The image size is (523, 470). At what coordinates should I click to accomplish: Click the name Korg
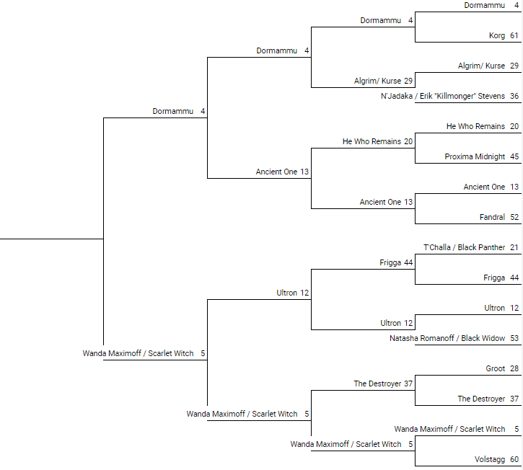click(x=497, y=35)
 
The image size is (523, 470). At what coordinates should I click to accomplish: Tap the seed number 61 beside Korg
click(x=514, y=35)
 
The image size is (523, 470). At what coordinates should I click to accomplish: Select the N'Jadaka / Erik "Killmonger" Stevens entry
click(x=443, y=96)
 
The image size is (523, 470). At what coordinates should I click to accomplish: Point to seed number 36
click(x=514, y=96)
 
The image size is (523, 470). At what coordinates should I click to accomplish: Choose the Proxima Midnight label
click(x=475, y=156)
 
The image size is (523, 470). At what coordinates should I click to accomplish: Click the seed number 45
click(x=514, y=156)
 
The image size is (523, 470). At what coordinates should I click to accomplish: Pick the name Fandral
click(x=492, y=217)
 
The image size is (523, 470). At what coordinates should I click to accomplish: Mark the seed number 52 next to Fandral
click(x=514, y=217)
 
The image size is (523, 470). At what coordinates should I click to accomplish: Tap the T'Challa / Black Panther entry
click(x=465, y=247)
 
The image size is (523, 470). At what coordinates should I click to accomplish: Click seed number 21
click(x=514, y=247)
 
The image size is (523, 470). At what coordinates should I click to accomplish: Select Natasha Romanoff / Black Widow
click(x=447, y=338)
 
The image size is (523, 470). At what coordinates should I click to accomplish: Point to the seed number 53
click(x=514, y=338)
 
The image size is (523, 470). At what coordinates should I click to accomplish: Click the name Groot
click(x=496, y=368)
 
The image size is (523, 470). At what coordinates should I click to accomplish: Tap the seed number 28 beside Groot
click(x=514, y=368)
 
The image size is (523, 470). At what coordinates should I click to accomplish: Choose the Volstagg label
click(x=490, y=459)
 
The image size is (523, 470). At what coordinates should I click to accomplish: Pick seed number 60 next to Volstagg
click(x=514, y=459)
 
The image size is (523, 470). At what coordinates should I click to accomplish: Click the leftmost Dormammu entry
click(x=173, y=111)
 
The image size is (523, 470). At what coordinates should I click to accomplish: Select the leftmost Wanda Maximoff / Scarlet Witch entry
click(x=138, y=353)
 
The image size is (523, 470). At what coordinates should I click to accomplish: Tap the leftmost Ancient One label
click(x=276, y=172)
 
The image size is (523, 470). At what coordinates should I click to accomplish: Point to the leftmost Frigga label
click(x=390, y=262)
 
